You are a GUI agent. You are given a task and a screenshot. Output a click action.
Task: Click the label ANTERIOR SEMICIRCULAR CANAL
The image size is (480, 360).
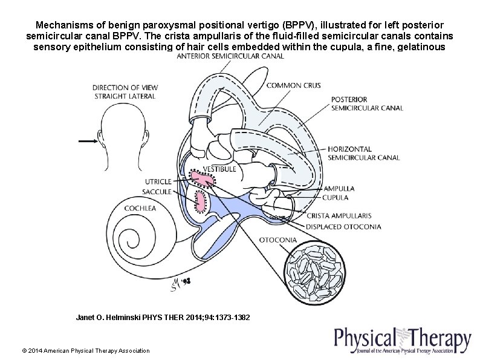(x=230, y=57)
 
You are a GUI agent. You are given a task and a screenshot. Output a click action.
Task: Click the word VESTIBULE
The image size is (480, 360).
(x=219, y=169)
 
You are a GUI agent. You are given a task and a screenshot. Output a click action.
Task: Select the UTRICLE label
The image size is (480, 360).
(x=158, y=182)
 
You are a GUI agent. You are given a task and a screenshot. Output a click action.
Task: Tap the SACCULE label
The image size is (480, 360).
(x=157, y=191)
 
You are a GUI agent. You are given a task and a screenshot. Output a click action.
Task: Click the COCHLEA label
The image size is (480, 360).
(x=140, y=208)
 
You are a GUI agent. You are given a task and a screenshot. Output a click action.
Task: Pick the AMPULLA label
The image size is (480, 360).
(x=339, y=188)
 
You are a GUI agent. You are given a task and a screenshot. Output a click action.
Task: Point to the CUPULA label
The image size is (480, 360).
(x=336, y=197)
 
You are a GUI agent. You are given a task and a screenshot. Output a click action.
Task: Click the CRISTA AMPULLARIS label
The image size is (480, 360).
(x=339, y=215)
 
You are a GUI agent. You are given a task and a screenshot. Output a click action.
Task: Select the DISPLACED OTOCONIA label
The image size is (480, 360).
(x=343, y=227)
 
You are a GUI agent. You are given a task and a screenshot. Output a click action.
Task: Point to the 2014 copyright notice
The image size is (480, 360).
(x=85, y=351)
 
